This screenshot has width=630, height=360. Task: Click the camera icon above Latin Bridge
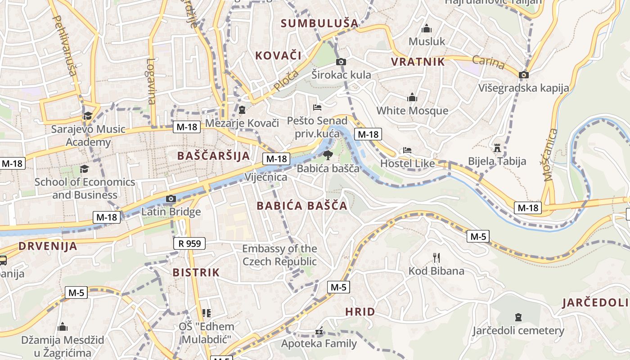[x=171, y=198]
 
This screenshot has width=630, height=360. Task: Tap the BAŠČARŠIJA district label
[x=213, y=156]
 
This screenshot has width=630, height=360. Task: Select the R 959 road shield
[x=189, y=243]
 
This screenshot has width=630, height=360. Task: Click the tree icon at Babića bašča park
[x=328, y=156]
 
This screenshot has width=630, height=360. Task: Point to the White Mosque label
[x=412, y=111]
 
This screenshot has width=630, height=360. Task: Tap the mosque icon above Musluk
[x=426, y=29]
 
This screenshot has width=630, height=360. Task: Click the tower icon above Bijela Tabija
[x=497, y=148]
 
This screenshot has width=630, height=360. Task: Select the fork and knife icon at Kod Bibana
[x=436, y=258]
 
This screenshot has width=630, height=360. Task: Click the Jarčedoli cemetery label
[x=518, y=331]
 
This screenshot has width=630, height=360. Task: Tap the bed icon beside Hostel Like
[x=407, y=150]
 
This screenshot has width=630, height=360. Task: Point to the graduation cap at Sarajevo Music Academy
[x=88, y=116]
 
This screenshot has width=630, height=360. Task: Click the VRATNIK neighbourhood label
[x=418, y=62]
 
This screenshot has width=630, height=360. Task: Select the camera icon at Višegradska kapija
[x=524, y=75]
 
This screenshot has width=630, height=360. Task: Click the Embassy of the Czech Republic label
[x=279, y=255]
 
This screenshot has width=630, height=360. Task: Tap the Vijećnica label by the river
[x=266, y=177]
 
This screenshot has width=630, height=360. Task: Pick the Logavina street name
[x=151, y=81]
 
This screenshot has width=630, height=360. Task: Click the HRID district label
[x=360, y=311]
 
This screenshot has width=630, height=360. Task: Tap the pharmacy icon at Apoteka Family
[x=319, y=332]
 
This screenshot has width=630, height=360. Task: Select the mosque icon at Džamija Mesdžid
[x=63, y=326]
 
